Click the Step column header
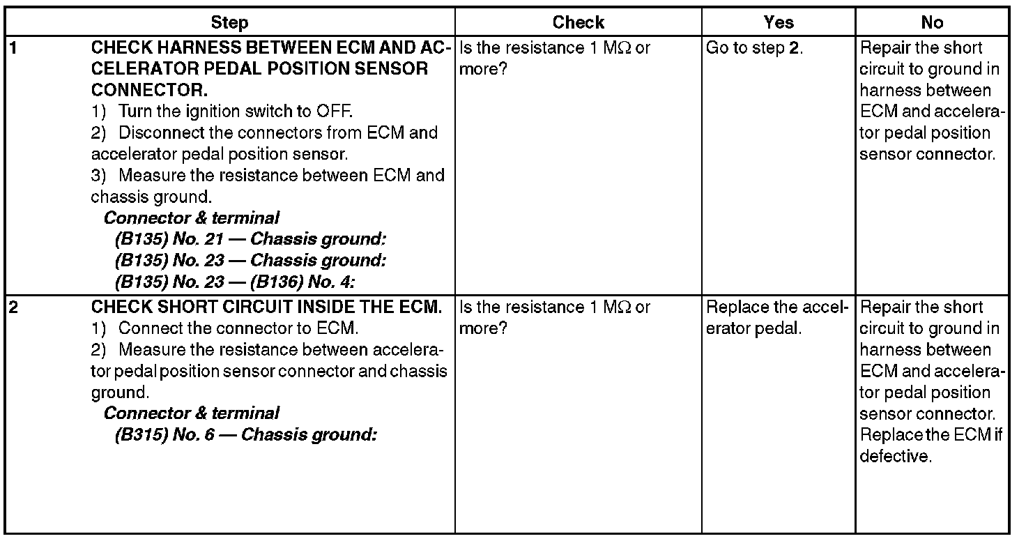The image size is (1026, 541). pyautogui.click(x=229, y=23)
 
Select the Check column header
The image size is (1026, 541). pyautogui.click(x=578, y=23)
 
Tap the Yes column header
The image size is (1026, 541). pyautogui.click(x=778, y=23)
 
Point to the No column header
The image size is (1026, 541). pyautogui.click(x=932, y=23)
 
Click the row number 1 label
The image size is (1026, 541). pyautogui.click(x=11, y=48)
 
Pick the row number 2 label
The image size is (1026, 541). pyautogui.click(x=11, y=307)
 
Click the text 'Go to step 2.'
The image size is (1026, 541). pyautogui.click(x=754, y=48)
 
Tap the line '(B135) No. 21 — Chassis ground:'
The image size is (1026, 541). pyautogui.click(x=250, y=240)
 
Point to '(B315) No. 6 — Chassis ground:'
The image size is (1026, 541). pyautogui.click(x=245, y=435)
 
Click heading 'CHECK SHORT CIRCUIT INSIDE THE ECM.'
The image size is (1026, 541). pyautogui.click(x=267, y=307)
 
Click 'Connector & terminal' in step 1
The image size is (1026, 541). pyautogui.click(x=192, y=218)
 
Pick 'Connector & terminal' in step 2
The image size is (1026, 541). pyautogui.click(x=192, y=413)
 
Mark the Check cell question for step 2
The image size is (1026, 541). pyautogui.click(x=555, y=318)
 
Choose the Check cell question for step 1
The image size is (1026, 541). pyautogui.click(x=555, y=59)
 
